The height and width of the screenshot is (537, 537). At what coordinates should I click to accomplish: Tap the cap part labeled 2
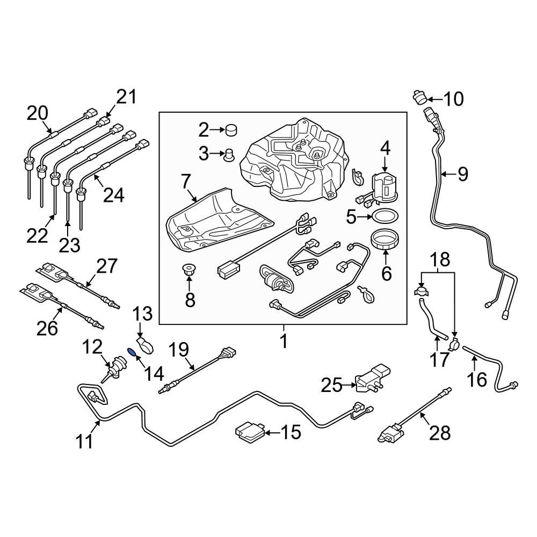pos(231,130)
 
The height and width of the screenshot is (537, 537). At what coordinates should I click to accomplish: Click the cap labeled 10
pos(419,98)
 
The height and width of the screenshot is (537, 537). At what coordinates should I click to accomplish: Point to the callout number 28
pos(440,432)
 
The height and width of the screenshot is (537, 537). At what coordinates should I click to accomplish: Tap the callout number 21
pos(127,98)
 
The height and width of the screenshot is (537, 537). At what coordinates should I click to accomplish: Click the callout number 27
pos(106,266)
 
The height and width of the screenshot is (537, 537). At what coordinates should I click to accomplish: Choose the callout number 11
pos(84,441)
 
